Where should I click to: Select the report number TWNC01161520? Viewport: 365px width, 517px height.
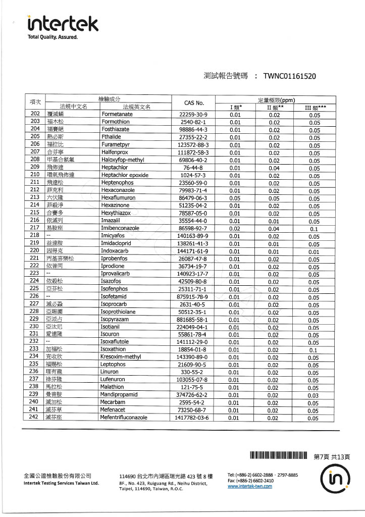coord(290,77)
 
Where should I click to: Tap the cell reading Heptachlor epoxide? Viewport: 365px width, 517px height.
coord(124,175)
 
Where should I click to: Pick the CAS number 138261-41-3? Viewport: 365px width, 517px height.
coord(194,243)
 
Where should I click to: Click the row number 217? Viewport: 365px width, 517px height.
coord(34,228)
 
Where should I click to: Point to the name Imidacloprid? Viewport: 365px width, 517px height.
coord(118,243)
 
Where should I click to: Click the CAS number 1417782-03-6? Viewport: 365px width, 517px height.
coord(194,418)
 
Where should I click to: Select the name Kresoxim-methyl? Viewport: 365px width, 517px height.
coord(122,357)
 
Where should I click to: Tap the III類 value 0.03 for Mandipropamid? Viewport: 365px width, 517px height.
coord(314,395)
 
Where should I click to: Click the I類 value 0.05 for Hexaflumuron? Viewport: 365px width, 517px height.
coord(235,198)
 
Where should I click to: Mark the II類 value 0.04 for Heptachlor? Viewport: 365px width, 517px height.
coord(274,168)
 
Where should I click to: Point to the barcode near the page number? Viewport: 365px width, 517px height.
coord(278,456)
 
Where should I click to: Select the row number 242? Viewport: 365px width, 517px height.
coord(34,418)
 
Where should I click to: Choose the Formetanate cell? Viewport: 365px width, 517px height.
coord(117,115)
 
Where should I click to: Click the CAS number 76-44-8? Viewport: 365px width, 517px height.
coord(194,168)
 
